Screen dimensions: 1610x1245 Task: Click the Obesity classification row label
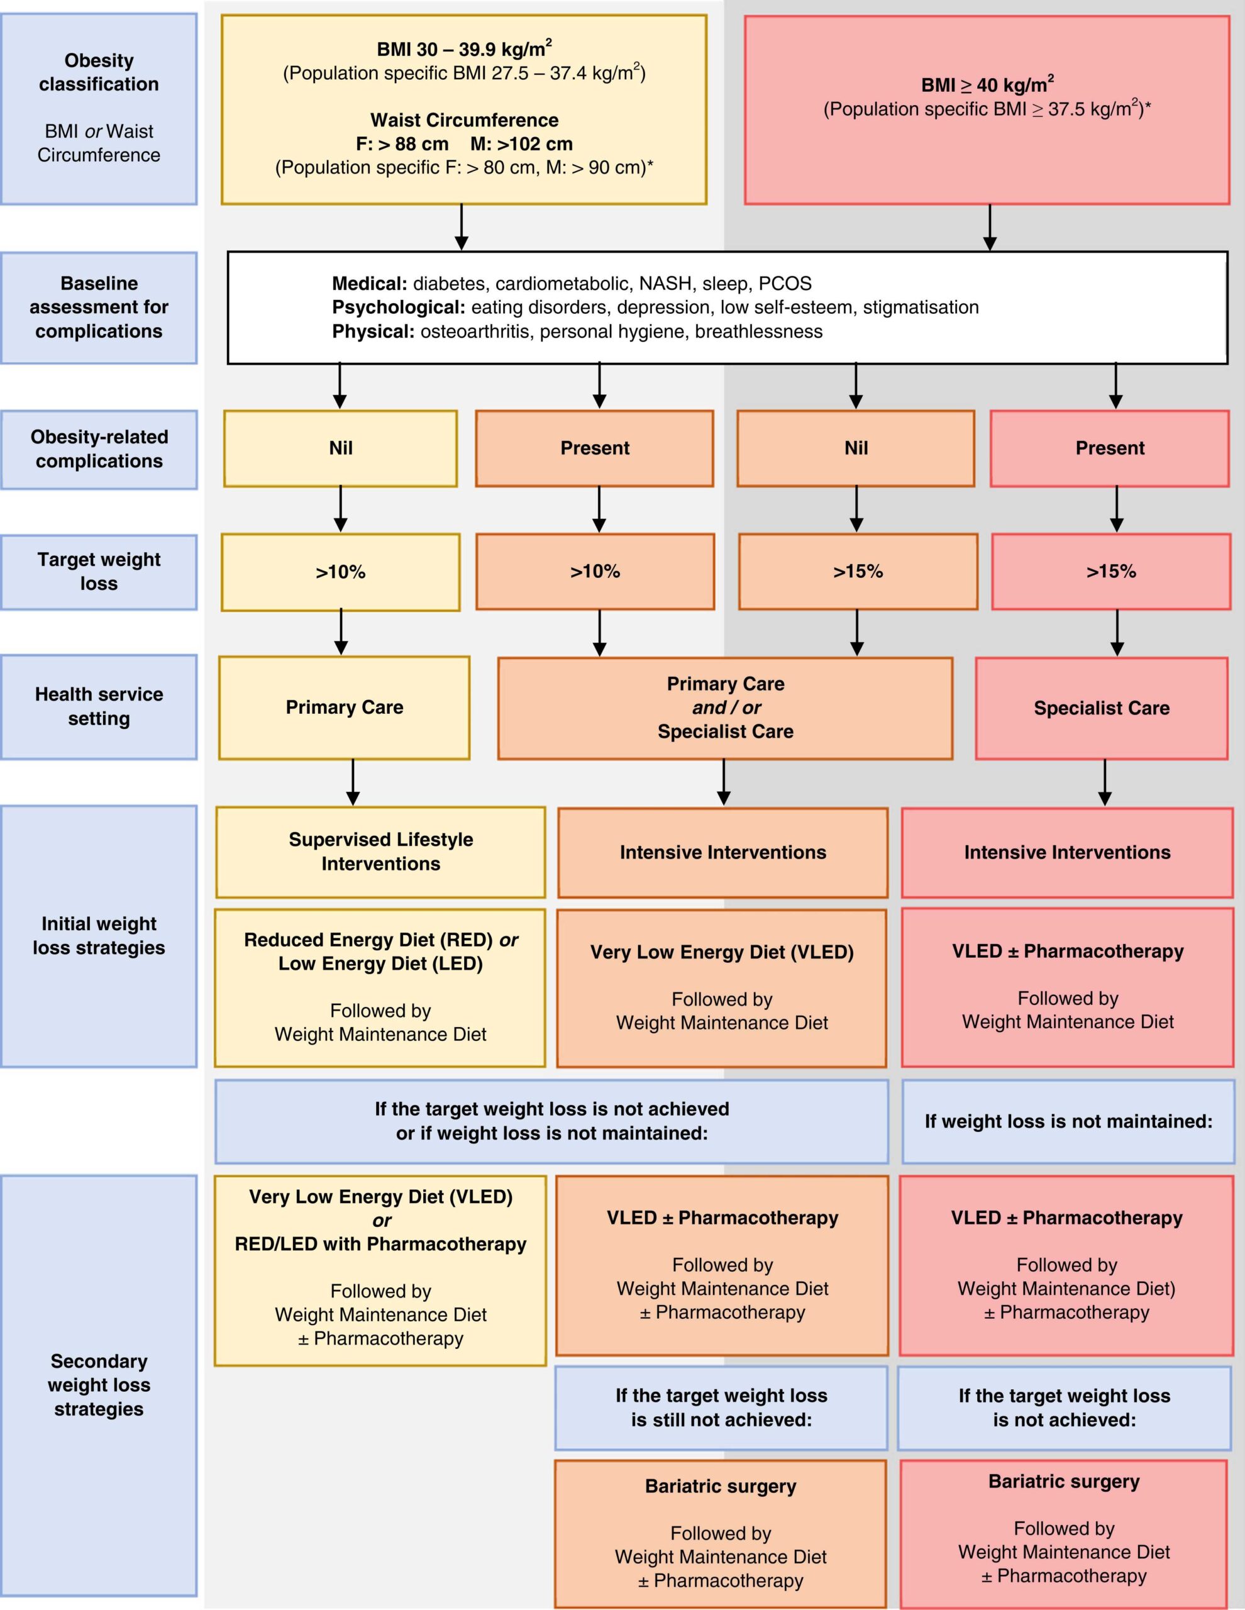pos(99,72)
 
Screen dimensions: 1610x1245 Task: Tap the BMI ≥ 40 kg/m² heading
pos(987,85)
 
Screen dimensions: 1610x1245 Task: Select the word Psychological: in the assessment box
pos(398,308)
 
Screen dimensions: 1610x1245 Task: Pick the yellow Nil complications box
pos(341,448)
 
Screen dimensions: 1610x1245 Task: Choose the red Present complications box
pos(1109,448)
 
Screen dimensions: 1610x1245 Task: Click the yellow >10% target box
pos(341,572)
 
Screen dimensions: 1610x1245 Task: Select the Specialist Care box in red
pos(1101,708)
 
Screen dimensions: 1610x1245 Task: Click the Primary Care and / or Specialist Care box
pos(726,708)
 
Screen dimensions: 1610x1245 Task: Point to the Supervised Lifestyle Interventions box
pos(380,852)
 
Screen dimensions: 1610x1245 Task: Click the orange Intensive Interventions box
pos(722,852)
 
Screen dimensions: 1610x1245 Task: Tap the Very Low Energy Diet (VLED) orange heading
pos(722,952)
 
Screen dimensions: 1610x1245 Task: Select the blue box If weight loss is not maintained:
pos(1068,1121)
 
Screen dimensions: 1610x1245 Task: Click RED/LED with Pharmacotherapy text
pos(380,1245)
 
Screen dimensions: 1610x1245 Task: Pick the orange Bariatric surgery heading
pos(720,1486)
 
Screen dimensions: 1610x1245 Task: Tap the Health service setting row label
pos(99,706)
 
